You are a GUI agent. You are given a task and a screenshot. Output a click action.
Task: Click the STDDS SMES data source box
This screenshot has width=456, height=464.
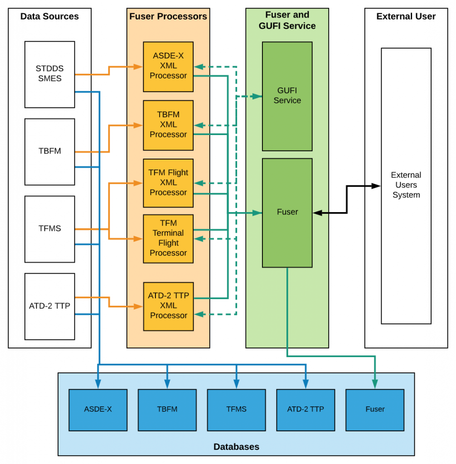tap(49, 74)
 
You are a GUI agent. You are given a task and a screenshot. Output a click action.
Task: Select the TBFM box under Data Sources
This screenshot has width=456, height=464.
tap(49, 151)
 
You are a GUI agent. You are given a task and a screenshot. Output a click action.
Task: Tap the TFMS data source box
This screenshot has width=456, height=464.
tap(49, 229)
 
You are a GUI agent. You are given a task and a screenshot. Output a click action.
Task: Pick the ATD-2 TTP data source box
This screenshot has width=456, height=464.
tap(49, 306)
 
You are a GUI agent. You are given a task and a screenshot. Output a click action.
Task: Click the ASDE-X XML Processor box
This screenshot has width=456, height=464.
tap(168, 67)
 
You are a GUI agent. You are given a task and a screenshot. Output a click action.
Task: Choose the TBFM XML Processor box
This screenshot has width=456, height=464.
tap(168, 125)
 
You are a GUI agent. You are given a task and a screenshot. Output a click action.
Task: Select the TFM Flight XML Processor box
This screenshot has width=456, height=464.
tap(168, 183)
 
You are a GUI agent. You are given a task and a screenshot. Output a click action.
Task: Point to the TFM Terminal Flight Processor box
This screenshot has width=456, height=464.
tap(168, 238)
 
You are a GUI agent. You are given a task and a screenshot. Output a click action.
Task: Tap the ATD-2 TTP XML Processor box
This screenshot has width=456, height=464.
tap(168, 306)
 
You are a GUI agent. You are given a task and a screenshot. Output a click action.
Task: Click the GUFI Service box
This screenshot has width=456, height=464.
tap(287, 96)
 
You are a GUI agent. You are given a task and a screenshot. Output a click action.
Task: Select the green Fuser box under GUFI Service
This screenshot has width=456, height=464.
tap(287, 212)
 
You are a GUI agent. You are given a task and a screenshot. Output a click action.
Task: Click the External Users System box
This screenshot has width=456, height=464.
tap(406, 185)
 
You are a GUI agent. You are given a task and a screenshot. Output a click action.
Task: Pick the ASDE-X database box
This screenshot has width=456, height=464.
tap(98, 409)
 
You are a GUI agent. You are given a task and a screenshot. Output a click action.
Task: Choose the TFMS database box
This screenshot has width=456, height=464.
tap(236, 409)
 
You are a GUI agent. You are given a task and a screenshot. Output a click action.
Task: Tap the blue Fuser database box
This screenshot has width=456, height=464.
tap(375, 409)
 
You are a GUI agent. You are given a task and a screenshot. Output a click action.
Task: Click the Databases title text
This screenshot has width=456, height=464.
tap(236, 447)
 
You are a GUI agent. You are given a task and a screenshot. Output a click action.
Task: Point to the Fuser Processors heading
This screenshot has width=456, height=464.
tap(168, 17)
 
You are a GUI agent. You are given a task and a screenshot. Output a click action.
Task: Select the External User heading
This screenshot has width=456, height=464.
tap(406, 17)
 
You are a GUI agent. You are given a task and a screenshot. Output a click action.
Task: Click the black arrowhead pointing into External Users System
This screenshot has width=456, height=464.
tap(377, 186)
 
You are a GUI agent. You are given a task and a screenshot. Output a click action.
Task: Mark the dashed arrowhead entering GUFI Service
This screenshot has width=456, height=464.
tap(258, 96)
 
